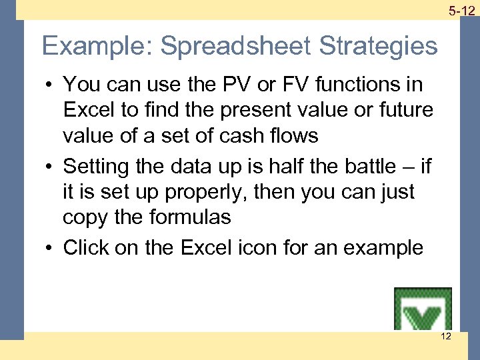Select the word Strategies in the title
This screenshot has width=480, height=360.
(378, 47)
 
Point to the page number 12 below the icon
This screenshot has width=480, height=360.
(445, 336)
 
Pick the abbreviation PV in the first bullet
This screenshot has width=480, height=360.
(243, 84)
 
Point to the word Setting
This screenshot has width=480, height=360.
(98, 166)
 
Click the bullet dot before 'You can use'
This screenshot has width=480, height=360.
(50, 85)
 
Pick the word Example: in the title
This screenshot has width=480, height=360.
(97, 47)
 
